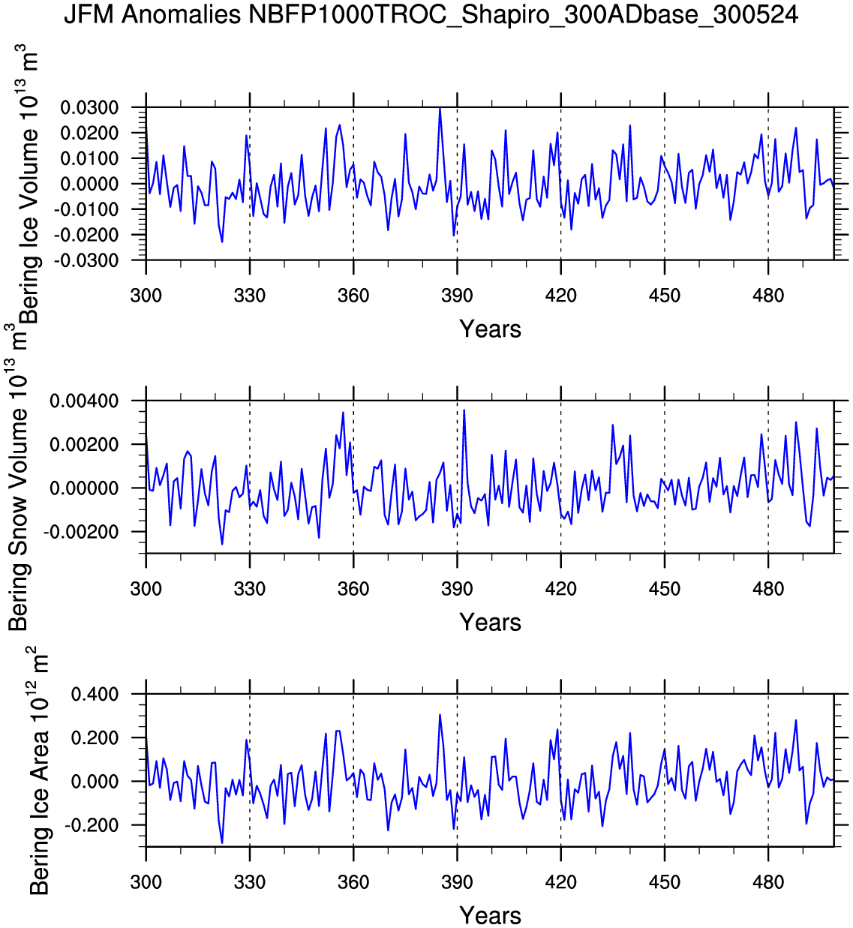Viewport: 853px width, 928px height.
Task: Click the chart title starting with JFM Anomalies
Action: pyautogui.click(x=431, y=14)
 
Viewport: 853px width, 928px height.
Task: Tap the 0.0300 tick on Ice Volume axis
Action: pyautogui.click(x=90, y=108)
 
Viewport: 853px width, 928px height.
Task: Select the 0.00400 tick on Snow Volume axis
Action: pyautogui.click(x=84, y=401)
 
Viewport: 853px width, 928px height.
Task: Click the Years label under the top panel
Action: pyautogui.click(x=490, y=329)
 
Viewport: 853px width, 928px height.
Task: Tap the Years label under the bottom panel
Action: pyautogui.click(x=490, y=915)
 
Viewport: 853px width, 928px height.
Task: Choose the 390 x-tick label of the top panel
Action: pyautogui.click(x=457, y=296)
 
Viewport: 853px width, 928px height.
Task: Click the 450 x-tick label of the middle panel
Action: pyautogui.click(x=664, y=589)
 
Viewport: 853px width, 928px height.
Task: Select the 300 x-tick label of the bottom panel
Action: pyautogui.click(x=146, y=882)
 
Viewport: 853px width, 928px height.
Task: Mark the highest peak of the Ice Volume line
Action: pyautogui.click(x=440, y=108)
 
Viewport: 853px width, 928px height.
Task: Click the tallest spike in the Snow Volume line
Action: pyautogui.click(x=464, y=410)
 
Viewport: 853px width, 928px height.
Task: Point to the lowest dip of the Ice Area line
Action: pyautogui.click(x=222, y=843)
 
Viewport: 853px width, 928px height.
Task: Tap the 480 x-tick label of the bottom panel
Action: pyautogui.click(x=768, y=882)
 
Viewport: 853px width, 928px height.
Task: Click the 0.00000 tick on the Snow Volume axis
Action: pyautogui.click(x=84, y=488)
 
